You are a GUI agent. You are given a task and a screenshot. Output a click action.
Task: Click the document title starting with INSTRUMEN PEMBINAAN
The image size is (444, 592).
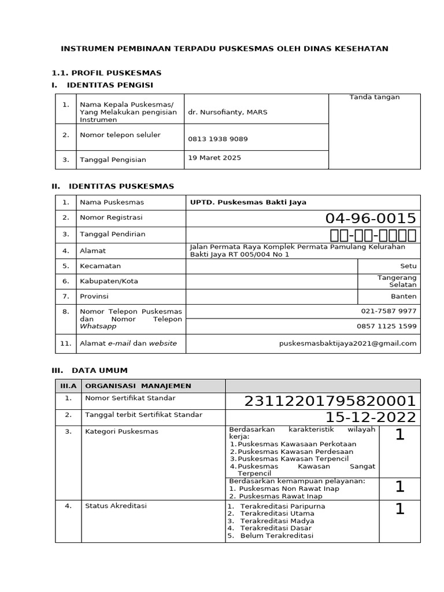224,49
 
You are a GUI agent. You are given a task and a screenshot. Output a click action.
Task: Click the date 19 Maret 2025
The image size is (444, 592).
214,157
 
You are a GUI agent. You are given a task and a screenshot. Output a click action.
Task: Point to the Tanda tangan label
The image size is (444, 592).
374,97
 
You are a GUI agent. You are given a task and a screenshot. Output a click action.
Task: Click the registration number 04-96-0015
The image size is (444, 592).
371,219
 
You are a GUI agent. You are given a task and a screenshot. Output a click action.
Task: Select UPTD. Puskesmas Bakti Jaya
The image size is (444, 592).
248,202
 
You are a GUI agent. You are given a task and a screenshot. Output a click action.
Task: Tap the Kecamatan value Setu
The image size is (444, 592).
408,266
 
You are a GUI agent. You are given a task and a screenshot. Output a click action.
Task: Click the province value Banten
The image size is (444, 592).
404,296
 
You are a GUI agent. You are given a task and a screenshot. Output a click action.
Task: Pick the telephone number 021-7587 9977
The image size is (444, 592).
388,311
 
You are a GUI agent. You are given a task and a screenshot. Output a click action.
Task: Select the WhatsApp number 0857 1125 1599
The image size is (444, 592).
386,326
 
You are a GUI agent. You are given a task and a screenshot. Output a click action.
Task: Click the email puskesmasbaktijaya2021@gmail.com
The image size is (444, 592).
347,343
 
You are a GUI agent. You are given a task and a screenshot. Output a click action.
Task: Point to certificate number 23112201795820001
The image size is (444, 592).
330,401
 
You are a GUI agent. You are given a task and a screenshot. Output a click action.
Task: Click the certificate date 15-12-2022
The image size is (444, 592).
371,417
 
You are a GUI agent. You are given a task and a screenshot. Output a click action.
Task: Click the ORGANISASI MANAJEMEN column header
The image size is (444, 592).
138,386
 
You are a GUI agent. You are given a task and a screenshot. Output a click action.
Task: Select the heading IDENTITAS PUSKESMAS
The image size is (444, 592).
121,186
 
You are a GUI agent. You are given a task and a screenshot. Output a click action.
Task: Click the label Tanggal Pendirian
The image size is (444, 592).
112,234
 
